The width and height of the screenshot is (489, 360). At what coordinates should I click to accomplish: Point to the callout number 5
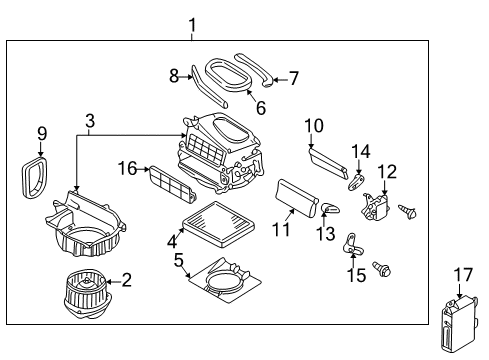coord(179,259)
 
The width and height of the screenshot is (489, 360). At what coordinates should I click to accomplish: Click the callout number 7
coord(293,76)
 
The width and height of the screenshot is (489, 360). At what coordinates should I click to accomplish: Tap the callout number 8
coord(174,74)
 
